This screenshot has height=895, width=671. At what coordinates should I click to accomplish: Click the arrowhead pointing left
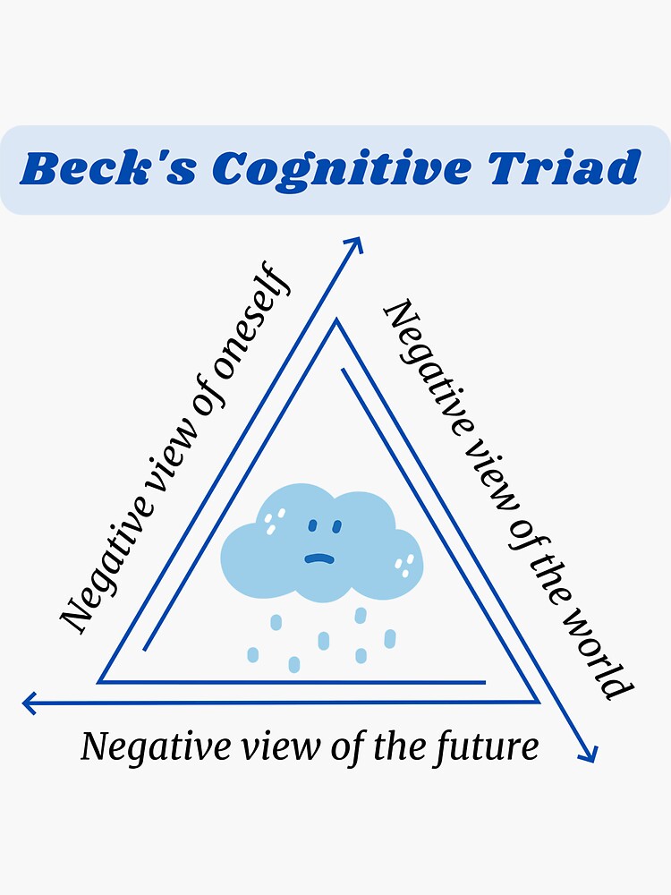tap(30, 703)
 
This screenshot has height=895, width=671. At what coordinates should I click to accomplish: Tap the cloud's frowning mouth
tap(318, 558)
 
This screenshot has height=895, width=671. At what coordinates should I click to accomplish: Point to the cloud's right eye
tap(337, 524)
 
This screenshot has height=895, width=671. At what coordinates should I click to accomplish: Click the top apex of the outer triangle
tap(336, 320)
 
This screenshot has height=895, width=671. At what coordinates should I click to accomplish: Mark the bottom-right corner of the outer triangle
tap(538, 703)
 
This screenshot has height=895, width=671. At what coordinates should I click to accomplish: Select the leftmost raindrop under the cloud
tap(253, 654)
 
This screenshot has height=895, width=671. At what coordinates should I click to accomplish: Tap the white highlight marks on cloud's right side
tap(407, 562)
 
